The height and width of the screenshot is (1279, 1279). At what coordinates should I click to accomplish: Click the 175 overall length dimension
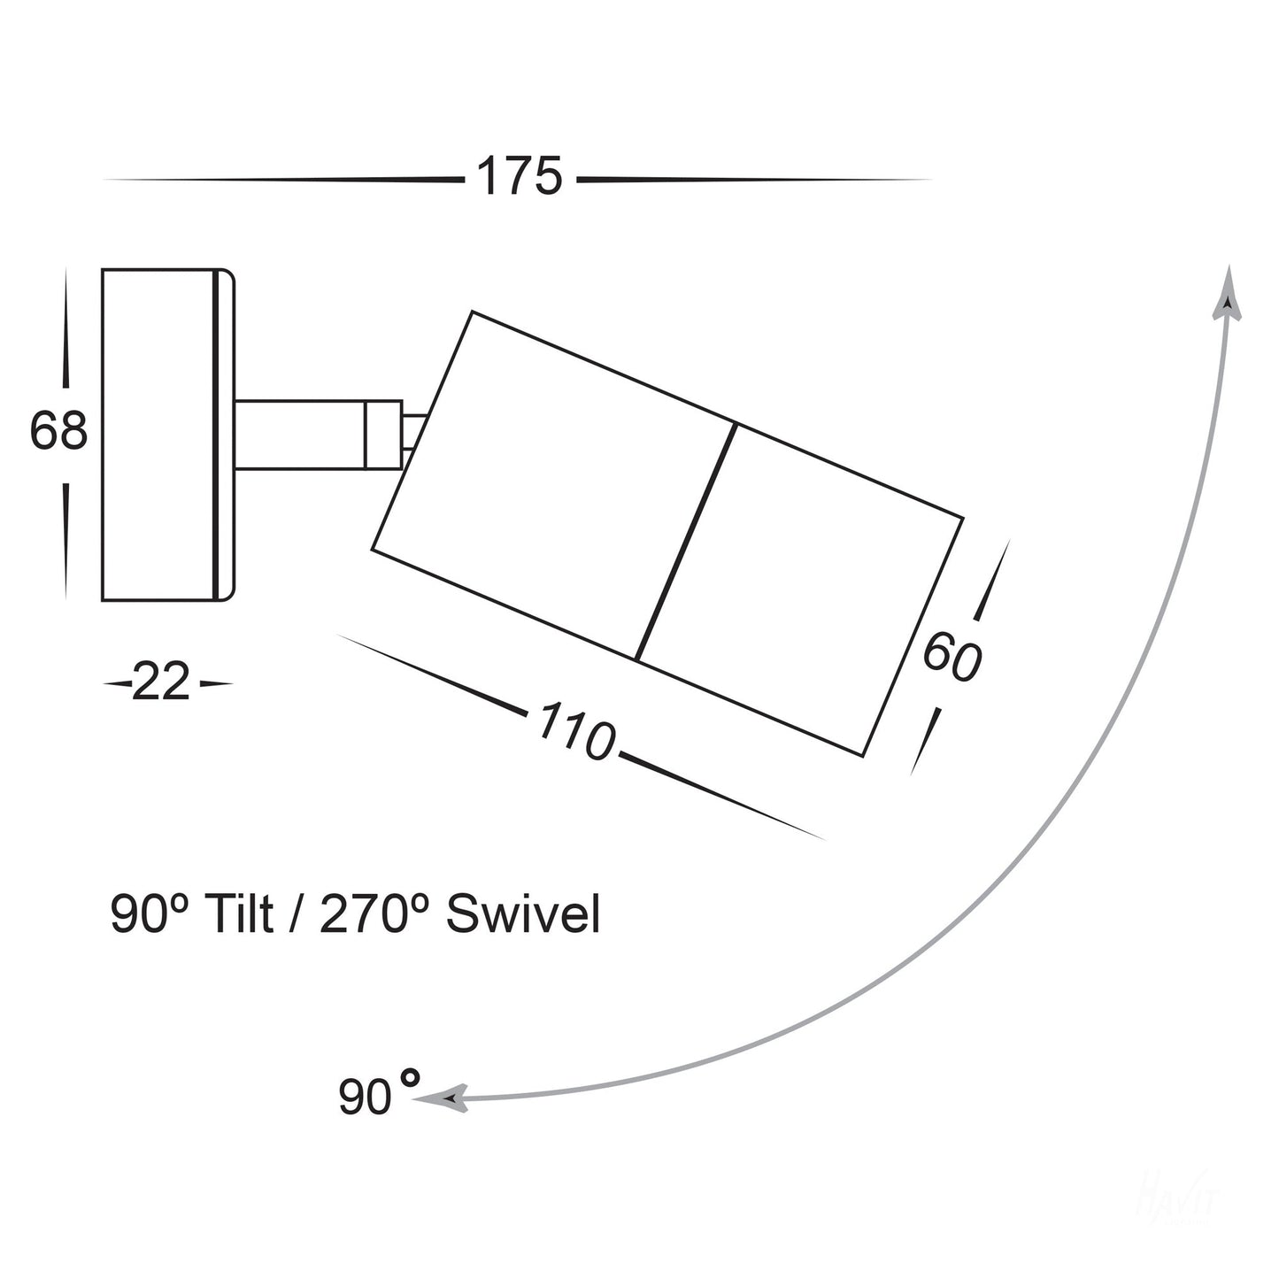[x=520, y=176]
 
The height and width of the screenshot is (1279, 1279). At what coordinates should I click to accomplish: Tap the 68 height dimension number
[x=58, y=432]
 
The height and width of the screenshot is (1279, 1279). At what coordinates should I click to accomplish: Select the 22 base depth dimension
[x=161, y=682]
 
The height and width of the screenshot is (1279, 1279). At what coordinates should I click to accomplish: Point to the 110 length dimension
[x=575, y=731]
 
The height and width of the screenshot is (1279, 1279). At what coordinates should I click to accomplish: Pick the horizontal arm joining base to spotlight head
[x=300, y=435]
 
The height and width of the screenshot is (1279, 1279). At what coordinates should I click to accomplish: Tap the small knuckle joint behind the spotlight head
[x=384, y=435]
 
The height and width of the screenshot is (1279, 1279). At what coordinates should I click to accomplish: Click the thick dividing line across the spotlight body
[x=686, y=542]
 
